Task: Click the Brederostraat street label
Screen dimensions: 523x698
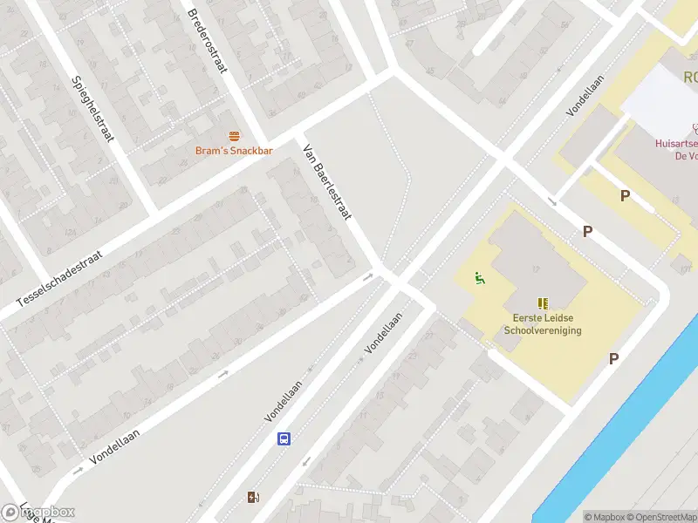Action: pyautogui.click(x=207, y=40)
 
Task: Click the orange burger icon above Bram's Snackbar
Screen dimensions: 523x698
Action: pyautogui.click(x=234, y=136)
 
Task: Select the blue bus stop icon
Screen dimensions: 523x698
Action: pyautogui.click(x=284, y=438)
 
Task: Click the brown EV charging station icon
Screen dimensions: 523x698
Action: pyautogui.click(x=254, y=498)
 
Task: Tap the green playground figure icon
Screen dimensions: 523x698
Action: pyautogui.click(x=478, y=279)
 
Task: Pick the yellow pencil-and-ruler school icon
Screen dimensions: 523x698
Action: pyautogui.click(x=544, y=303)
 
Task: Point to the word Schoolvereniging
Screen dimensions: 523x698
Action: pyautogui.click(x=543, y=330)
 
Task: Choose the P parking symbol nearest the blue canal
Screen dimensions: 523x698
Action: pyautogui.click(x=613, y=358)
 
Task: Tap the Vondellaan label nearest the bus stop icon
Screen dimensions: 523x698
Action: pyautogui.click(x=284, y=402)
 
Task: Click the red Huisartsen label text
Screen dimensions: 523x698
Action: pyautogui.click(x=675, y=145)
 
